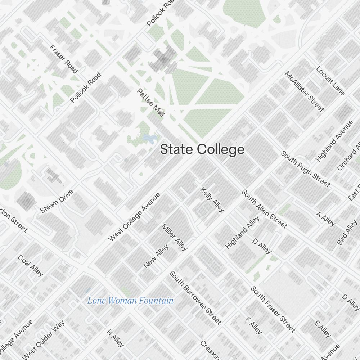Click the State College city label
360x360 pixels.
pyautogui.click(x=202, y=149)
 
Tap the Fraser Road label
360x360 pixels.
pyautogui.click(x=64, y=59)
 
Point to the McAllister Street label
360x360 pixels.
pyautogui.click(x=304, y=91)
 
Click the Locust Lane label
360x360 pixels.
pyautogui.click(x=330, y=81)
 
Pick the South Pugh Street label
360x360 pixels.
pyautogui.click(x=305, y=169)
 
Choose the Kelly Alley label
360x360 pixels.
pyautogui.click(x=212, y=199)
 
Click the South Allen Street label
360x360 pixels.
pyautogui.click(x=265, y=209)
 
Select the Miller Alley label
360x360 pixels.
pyautogui.click(x=175, y=237)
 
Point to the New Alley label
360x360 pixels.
pyautogui.click(x=156, y=256)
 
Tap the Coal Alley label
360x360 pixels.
pyautogui.click(x=31, y=266)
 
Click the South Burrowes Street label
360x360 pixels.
pyautogui.click(x=195, y=297)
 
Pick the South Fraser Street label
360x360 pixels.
pyautogui.click(x=273, y=309)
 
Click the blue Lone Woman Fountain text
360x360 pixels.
pyautogui.click(x=130, y=301)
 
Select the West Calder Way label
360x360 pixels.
pyautogui.click(x=44, y=339)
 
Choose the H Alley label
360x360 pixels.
pyautogui.click(x=115, y=338)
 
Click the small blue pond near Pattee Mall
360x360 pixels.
pyautogui.click(x=149, y=138)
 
